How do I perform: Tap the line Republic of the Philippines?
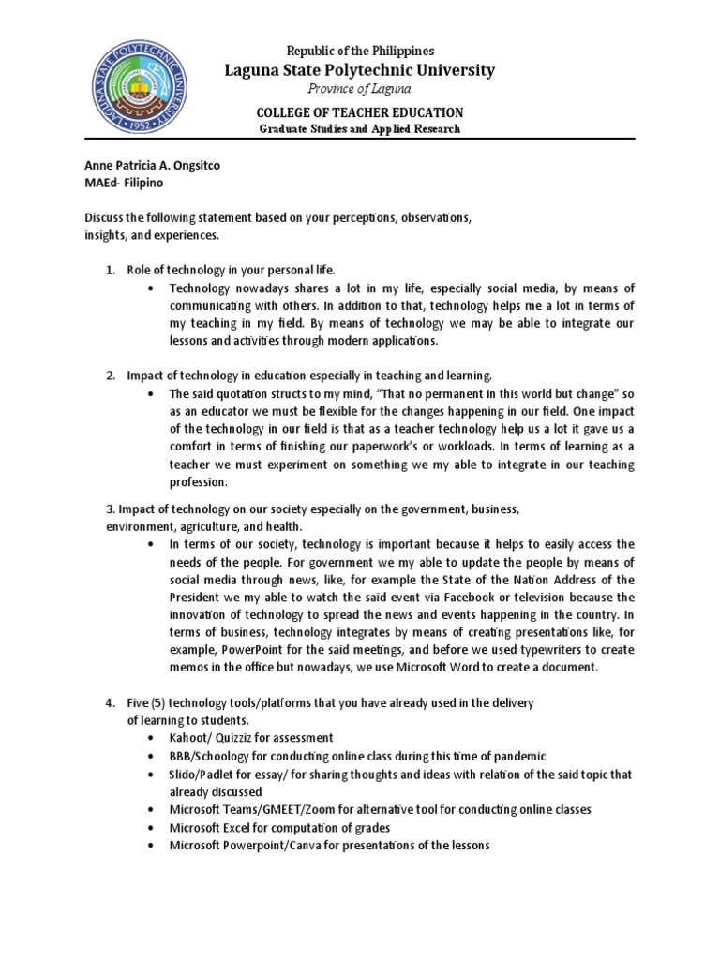[361, 50]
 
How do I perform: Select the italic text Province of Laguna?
[361, 90]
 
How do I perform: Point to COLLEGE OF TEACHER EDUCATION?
[361, 112]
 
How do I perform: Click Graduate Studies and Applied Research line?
[361, 128]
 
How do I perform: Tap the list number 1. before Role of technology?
[110, 270]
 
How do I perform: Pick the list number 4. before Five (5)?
[110, 702]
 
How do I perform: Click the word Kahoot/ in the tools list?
[192, 738]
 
